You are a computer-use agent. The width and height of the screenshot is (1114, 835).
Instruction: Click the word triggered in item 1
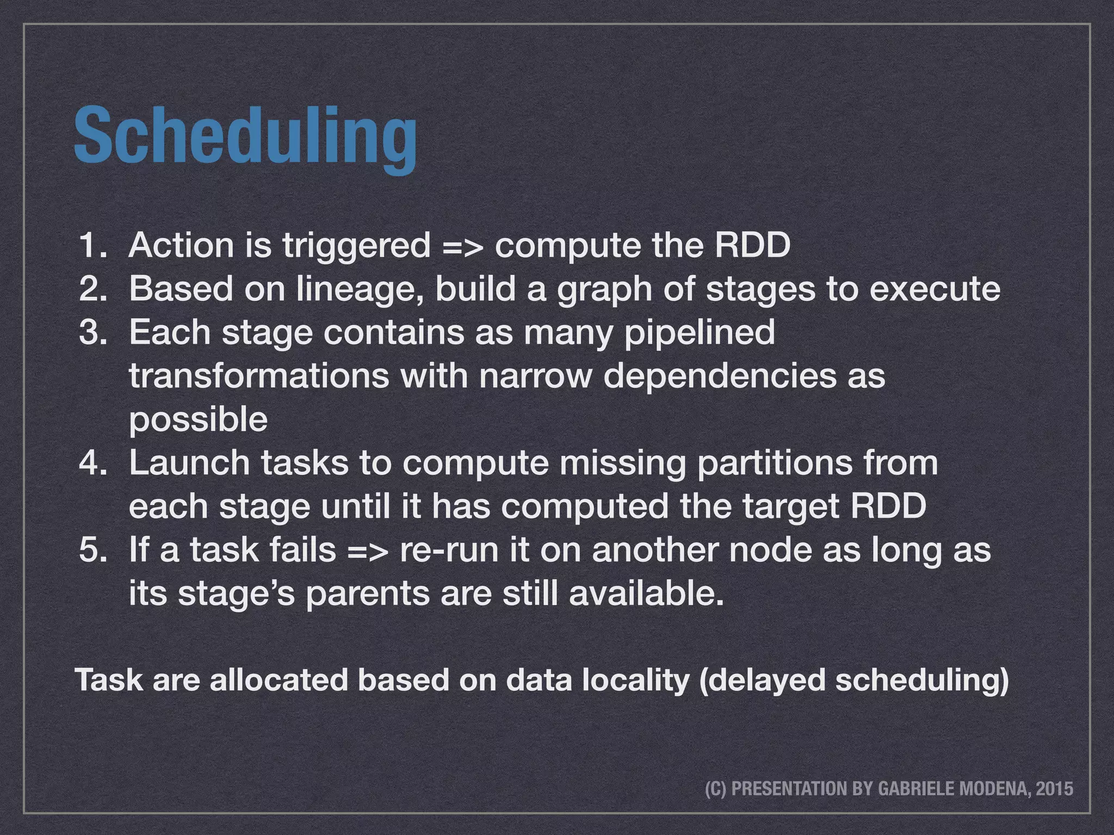tap(356, 246)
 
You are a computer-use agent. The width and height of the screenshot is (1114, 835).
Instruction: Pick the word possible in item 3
tap(198, 420)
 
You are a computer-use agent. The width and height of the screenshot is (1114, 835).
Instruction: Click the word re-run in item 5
tap(449, 550)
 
